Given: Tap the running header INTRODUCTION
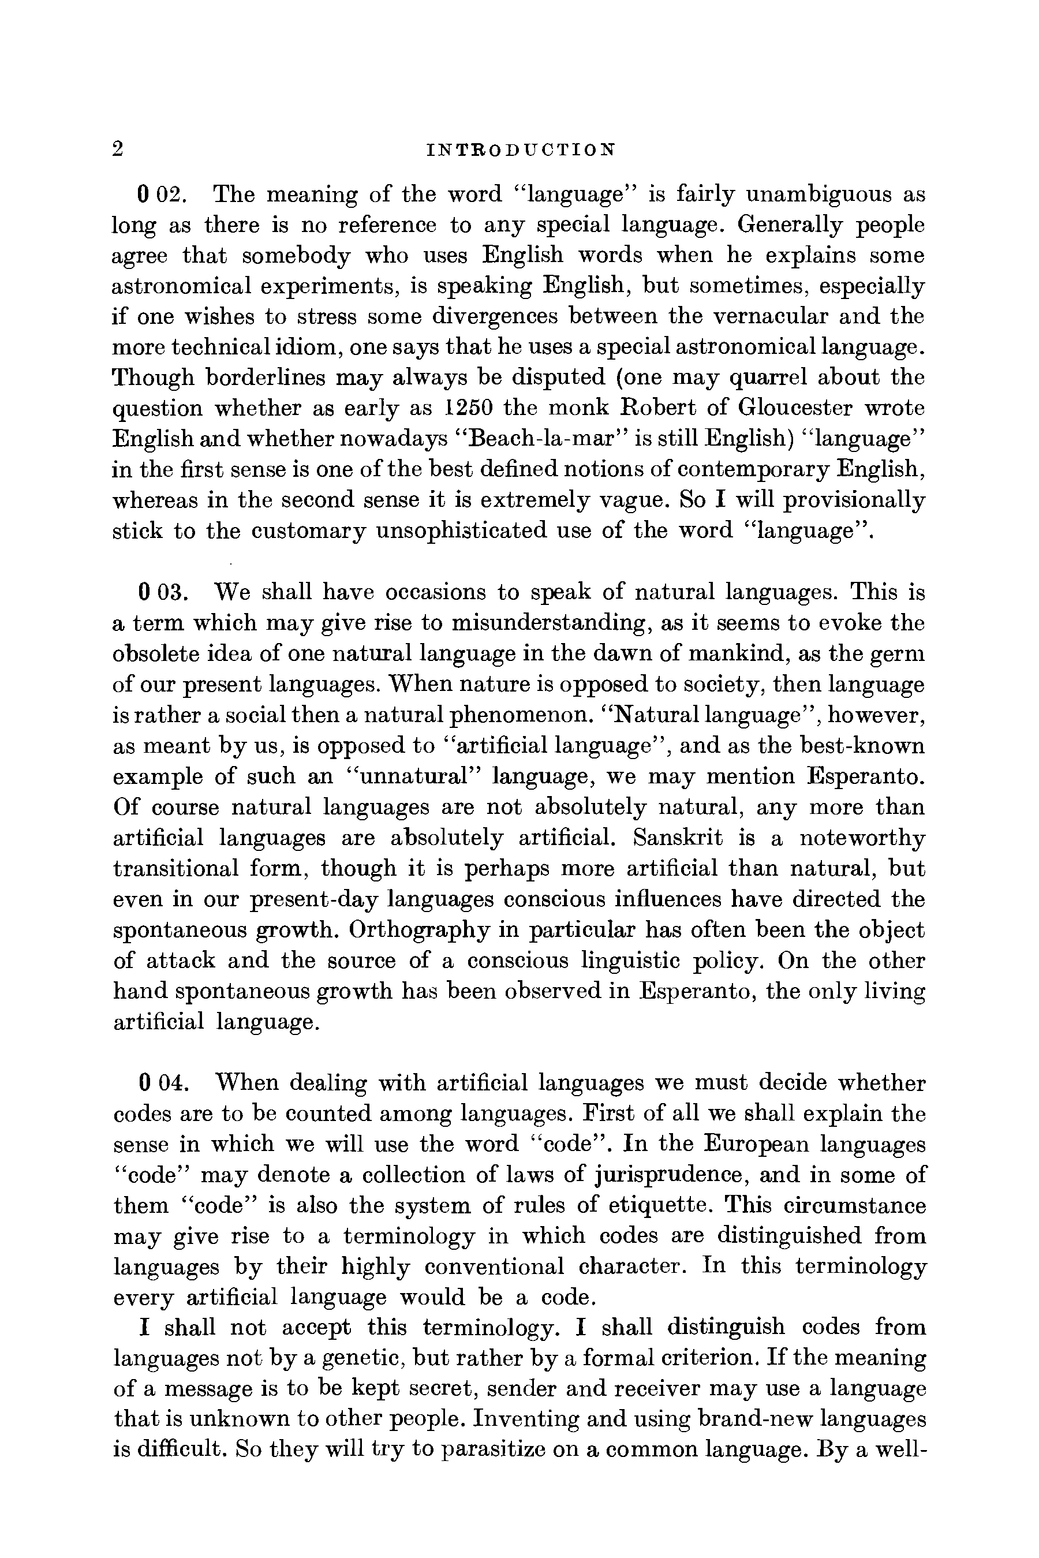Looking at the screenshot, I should (521, 150).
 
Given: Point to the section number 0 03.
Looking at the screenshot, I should (164, 592).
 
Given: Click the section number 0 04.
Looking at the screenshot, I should (164, 1083).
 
